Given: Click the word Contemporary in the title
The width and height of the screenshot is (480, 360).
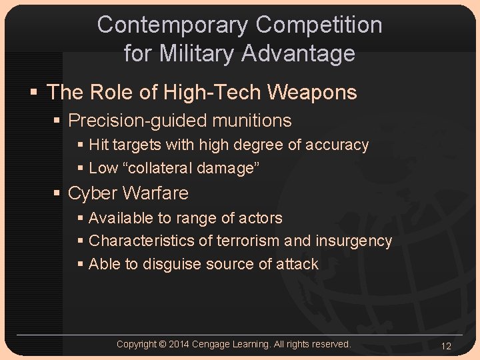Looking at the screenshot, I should tap(173, 25).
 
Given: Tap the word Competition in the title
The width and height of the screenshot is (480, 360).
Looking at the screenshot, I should tap(319, 25).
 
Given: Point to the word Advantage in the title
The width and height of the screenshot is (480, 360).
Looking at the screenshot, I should tap(303, 53).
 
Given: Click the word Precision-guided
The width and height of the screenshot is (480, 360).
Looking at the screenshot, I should tap(139, 121).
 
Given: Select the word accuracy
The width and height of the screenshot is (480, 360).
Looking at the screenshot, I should tap(337, 145).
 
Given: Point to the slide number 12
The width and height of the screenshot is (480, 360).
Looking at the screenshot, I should tap(446, 346).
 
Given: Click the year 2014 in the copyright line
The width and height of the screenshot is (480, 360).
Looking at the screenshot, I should tap(179, 344).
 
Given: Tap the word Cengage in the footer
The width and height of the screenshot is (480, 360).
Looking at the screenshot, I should tap(211, 344).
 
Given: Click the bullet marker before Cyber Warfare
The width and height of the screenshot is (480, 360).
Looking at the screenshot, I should tap(58, 193).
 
